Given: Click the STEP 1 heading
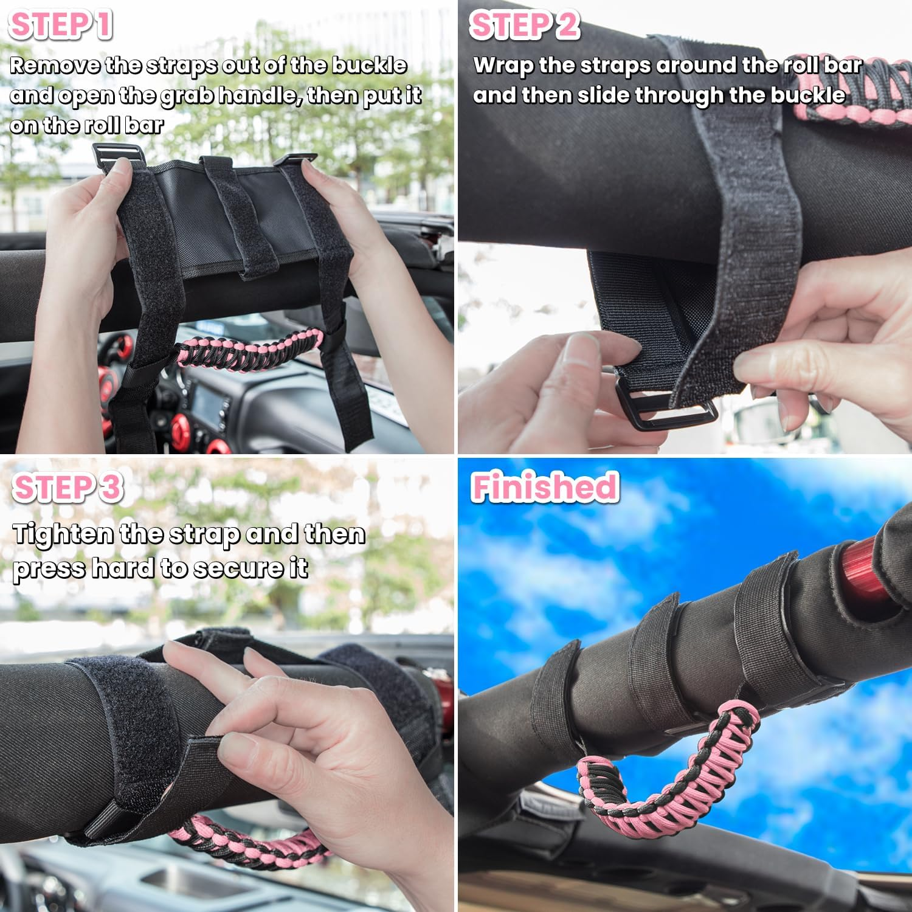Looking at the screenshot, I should point(61,26).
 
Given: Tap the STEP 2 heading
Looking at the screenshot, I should point(525,26).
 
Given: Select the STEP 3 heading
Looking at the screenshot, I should point(67,488).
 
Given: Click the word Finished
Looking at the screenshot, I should point(545,488).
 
